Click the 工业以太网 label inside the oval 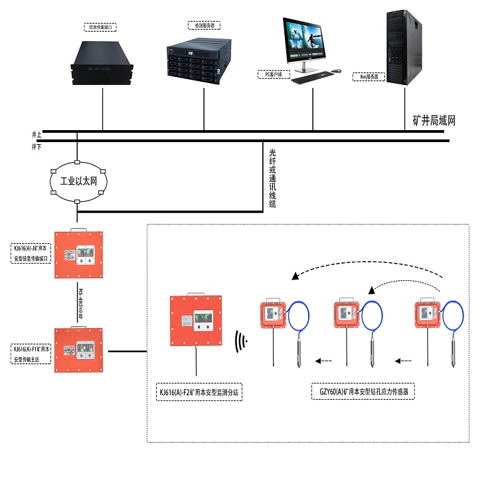[x=78, y=181]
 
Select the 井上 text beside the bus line [x=37, y=133]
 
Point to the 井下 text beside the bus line [x=37, y=146]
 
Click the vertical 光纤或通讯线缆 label [x=272, y=179]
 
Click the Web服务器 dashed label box [x=368, y=77]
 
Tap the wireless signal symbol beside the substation [x=242, y=343]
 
